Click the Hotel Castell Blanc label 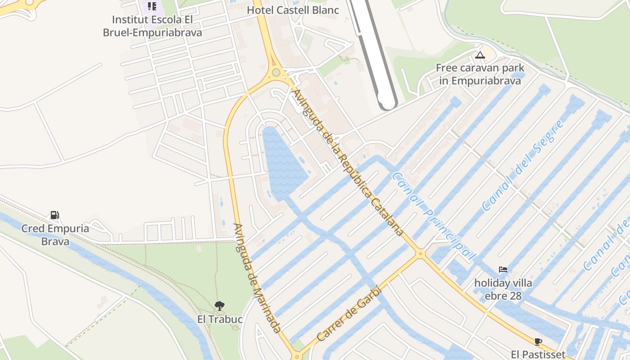pos(292,10)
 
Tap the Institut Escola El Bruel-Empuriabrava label pos(152,26)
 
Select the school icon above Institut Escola pos(152,6)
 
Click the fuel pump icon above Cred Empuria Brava pos(54,215)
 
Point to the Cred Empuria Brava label pos(55,235)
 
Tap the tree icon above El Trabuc pos(220,306)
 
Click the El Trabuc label pos(220,319)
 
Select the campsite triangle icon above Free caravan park pos(480,55)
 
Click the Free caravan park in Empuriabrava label pos(480,74)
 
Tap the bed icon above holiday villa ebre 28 pos(503,270)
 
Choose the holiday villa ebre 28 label pos(503,289)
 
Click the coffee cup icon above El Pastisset pos(538,341)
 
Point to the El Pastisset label pos(538,354)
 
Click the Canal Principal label pos(433,216)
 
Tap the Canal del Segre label pos(523,166)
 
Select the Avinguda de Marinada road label pos(257,278)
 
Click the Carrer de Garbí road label pos(349,314)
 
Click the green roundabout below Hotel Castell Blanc pos(276,72)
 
